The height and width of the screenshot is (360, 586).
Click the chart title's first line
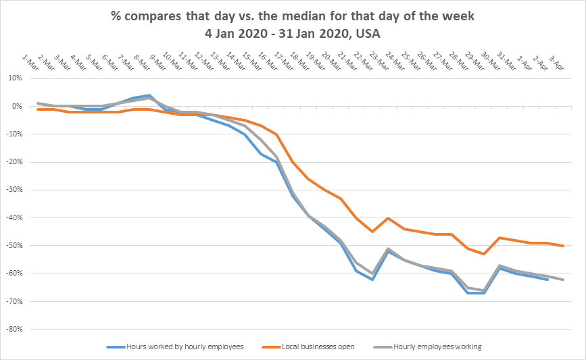pyautogui.click(x=293, y=16)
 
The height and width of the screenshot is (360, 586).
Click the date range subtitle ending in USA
pyautogui.click(x=293, y=32)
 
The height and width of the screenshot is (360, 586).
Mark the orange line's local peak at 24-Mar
pyautogui.click(x=387, y=218)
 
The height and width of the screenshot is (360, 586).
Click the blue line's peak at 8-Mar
pyautogui.click(x=149, y=95)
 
